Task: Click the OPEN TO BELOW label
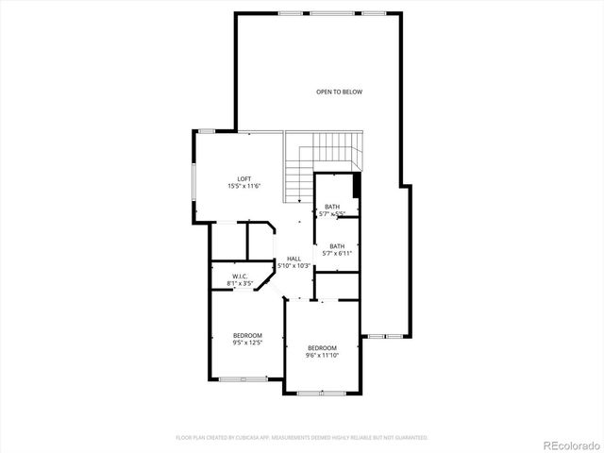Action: tap(339, 92)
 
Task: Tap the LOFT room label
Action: tap(243, 178)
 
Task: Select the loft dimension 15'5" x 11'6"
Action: tap(243, 187)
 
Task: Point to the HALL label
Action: tap(294, 259)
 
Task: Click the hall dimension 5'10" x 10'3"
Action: tap(294, 266)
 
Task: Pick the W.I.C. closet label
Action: tap(240, 275)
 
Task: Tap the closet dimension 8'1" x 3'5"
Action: tap(240, 282)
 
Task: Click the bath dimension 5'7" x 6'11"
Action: tap(337, 253)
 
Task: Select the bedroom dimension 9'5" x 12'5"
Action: tap(247, 343)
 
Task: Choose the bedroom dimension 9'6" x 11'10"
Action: tap(322, 356)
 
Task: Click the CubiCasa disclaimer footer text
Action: tap(302, 438)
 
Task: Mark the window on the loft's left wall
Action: tap(193, 188)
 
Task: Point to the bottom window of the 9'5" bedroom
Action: tap(243, 378)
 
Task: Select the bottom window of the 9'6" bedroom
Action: tap(321, 393)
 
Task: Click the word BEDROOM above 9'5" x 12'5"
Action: tap(247, 335)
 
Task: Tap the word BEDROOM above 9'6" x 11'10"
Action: tap(322, 348)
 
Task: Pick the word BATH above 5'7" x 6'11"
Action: tap(337, 245)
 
